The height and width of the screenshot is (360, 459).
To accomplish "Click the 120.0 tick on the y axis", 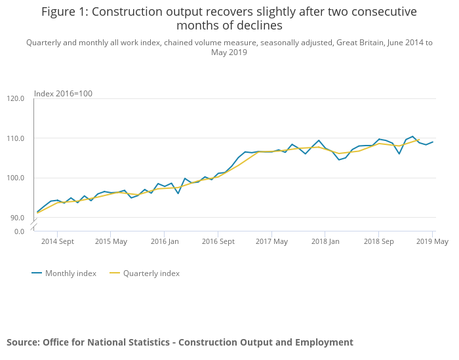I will (x=15, y=98).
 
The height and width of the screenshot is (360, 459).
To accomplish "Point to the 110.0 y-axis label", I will (x=15, y=138).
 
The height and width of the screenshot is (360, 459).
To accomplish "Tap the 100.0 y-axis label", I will (x=15, y=178).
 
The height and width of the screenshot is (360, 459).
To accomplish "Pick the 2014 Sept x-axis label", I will (x=57, y=241).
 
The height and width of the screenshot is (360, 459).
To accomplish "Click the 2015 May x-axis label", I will (x=111, y=241).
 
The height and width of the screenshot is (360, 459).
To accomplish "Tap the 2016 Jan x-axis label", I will (x=165, y=241).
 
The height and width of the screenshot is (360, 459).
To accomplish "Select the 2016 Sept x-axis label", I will (x=218, y=241).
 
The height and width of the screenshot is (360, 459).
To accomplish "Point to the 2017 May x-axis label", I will (x=271, y=241).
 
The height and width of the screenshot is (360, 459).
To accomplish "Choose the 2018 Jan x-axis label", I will (x=325, y=241).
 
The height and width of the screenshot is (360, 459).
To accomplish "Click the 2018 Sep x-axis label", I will (x=378, y=241).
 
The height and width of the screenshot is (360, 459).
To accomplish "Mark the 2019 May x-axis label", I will (x=432, y=241).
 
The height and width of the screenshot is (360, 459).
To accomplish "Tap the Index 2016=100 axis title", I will (x=63, y=93).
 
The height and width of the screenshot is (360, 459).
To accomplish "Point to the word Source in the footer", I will (x=23, y=342).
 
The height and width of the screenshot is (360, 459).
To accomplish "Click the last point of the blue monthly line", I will (x=433, y=142).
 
